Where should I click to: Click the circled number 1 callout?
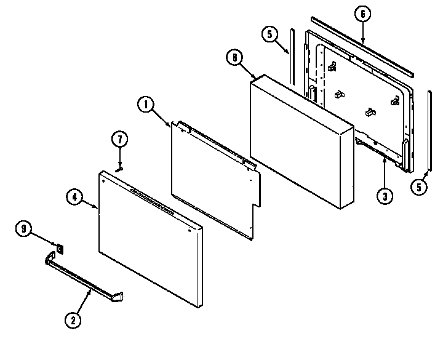pos(146,105)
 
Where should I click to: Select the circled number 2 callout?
pos(73,319)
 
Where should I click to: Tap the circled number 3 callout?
pos(384,196)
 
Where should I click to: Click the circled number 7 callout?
pos(119,141)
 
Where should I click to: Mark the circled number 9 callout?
pos(25,229)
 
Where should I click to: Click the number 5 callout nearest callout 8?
pos(268,34)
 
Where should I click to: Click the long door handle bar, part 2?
pos(80,278)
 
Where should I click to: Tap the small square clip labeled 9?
pos(60,248)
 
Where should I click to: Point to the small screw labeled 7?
pos(120,165)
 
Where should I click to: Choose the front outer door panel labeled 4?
pos(148,240)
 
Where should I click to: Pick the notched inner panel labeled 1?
pos(215,175)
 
